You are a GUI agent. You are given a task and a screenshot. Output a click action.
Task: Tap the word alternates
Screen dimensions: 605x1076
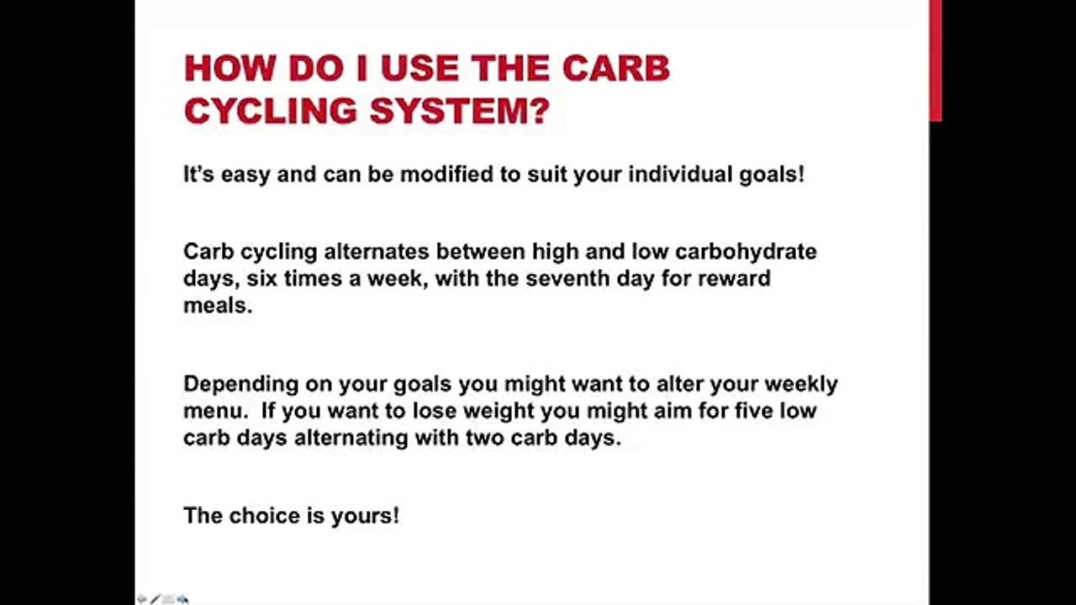(x=377, y=251)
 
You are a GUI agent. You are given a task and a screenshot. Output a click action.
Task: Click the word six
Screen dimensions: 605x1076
(x=261, y=278)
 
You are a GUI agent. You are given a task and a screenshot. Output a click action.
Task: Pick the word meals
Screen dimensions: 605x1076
(x=217, y=305)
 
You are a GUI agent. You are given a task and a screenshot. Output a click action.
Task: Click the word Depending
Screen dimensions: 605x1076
(x=240, y=385)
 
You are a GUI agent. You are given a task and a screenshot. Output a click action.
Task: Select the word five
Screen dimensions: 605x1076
(x=746, y=412)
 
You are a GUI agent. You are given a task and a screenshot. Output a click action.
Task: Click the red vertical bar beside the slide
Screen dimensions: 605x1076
(x=935, y=60)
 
